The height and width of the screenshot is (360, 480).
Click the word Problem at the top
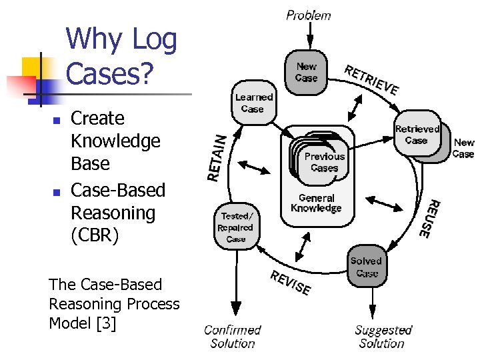tap(308, 15)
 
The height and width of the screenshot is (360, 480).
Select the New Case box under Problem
tap(306, 71)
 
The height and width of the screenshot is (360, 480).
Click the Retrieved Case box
tap(417, 135)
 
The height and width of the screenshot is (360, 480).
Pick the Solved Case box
tap(366, 267)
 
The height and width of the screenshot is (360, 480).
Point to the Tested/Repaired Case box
tap(235, 227)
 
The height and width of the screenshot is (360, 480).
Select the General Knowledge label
tap(316, 203)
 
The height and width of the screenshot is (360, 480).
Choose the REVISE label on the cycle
tap(290, 283)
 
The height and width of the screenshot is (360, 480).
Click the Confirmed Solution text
tap(232, 337)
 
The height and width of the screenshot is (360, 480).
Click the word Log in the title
tap(153, 40)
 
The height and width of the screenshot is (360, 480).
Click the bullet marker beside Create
tap(57, 121)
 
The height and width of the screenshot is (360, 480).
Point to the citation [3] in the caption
tap(105, 323)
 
